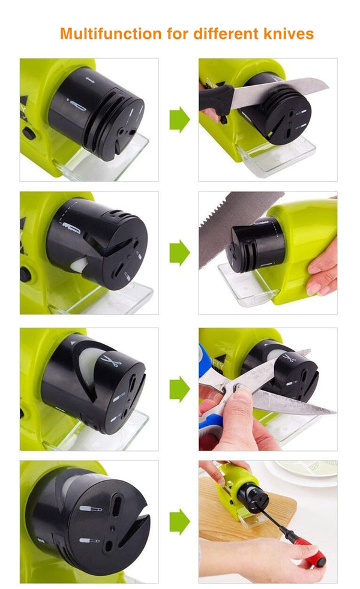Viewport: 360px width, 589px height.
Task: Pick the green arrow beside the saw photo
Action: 179,253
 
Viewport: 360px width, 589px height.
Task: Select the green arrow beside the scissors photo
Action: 179,389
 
